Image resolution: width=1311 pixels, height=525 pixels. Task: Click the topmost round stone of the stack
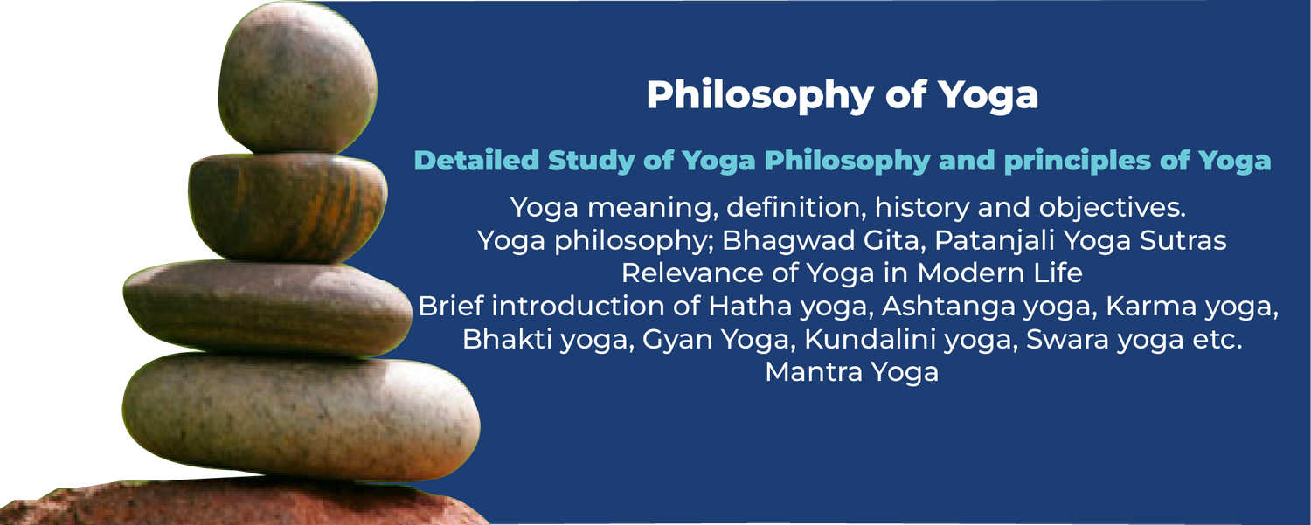point(298,79)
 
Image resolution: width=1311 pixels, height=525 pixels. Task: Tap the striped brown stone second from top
point(288,208)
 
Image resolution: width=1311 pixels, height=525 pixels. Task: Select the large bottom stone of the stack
point(301,417)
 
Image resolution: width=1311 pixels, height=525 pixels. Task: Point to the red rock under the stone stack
point(246,502)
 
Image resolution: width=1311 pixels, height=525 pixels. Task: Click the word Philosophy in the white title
point(760,95)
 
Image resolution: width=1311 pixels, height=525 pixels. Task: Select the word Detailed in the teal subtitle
point(476,161)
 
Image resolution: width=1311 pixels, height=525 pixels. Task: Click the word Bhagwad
point(821,240)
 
